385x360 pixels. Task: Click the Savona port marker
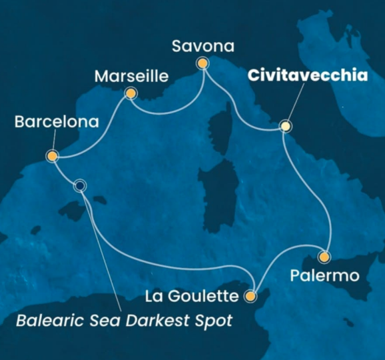201,63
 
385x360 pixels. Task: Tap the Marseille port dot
131,94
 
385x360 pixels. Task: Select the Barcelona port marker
52,156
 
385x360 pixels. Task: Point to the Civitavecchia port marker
286,125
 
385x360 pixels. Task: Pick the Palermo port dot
324,256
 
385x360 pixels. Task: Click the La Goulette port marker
251,295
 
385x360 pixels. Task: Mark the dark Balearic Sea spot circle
81,185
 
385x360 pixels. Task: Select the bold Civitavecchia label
308,76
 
